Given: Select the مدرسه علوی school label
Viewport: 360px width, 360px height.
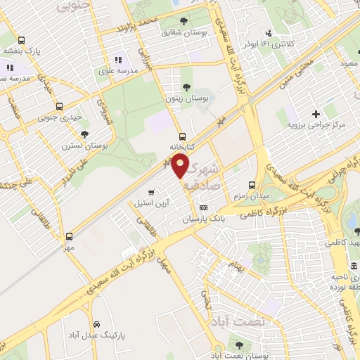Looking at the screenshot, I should coord(117,70).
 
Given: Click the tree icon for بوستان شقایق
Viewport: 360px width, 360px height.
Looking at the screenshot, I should coord(184,21).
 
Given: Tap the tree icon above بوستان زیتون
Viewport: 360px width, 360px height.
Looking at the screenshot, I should coord(186,87).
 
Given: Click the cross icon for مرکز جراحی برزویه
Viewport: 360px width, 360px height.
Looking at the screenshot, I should coord(316,114).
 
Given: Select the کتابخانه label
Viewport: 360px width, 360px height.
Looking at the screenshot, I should coord(181,148).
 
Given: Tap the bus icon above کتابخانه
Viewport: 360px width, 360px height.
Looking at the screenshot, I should coord(183,136).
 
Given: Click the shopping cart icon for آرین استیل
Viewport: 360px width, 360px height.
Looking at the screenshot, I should coord(151,192).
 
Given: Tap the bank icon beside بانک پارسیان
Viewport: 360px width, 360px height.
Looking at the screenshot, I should coord(204,207).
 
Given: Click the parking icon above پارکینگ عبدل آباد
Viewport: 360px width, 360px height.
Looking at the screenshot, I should coord(93,324).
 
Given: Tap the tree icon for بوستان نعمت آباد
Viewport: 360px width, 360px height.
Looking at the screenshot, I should coord(239,345).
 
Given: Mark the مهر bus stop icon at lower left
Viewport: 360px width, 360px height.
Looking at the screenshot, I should coord(69,236).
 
